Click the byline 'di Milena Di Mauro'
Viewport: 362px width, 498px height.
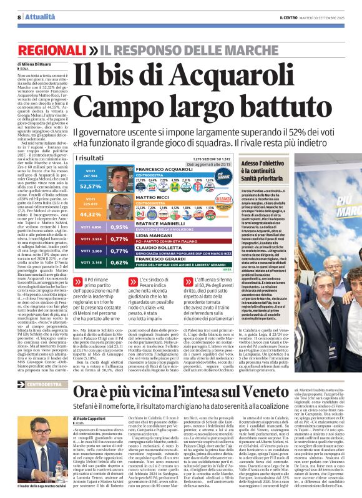pyautogui.click(x=26, y=64)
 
